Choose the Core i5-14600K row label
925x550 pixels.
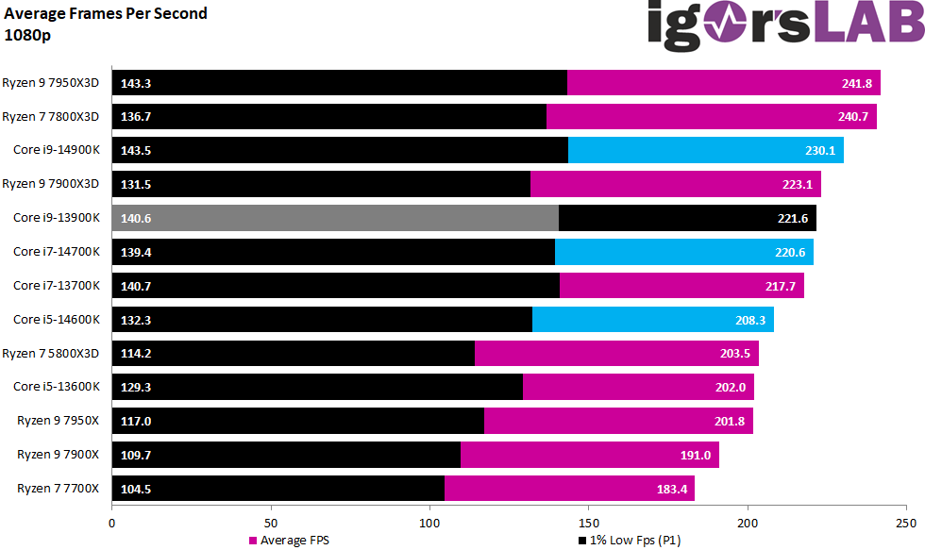56,319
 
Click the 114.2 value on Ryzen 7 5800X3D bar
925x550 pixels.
136,354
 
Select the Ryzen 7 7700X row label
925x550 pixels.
58,488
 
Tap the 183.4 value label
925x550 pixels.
672,489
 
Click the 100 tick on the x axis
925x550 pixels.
429,522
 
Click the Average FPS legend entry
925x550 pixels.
289,541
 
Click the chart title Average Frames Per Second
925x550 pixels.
106,13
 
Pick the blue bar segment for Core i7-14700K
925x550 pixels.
683,252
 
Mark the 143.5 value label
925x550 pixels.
136,151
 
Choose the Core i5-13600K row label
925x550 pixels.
56,387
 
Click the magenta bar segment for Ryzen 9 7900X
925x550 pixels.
589,455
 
